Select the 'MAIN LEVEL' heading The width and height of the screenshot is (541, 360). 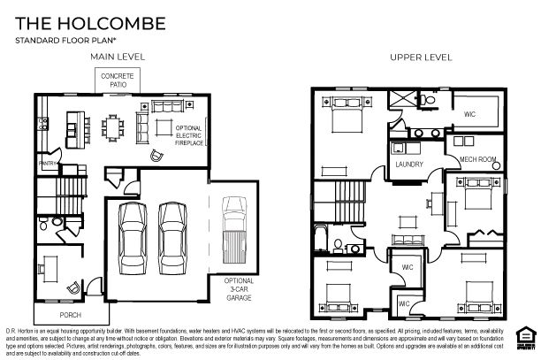[118, 57]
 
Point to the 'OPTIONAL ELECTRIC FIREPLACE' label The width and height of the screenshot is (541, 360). [189, 135]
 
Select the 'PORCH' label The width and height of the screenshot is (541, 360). [70, 314]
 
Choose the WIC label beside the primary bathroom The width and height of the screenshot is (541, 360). [469, 114]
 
